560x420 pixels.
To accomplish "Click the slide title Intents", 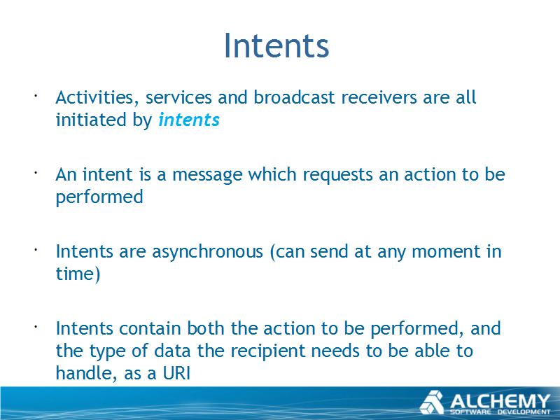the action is pyautogui.click(x=276, y=45).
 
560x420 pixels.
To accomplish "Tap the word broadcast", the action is pyautogui.click(x=294, y=97).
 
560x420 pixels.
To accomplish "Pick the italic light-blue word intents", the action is pyautogui.click(x=189, y=120).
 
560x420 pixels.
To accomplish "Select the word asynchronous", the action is pyautogui.click(x=207, y=252).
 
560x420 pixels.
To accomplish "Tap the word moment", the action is pyautogui.click(x=445, y=252).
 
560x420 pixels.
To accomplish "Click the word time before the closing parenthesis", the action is pyautogui.click(x=74, y=274).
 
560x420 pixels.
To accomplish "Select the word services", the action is pyautogui.click(x=178, y=97).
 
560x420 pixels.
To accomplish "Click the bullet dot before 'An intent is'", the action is pyautogui.click(x=36, y=172).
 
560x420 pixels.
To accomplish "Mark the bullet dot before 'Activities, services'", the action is pyautogui.click(x=36, y=95).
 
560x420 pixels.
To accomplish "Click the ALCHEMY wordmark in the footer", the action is pyautogui.click(x=500, y=401).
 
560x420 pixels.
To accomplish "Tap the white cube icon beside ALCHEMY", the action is pyautogui.click(x=431, y=402).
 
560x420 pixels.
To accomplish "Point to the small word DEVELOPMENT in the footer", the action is pyautogui.click(x=524, y=412).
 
